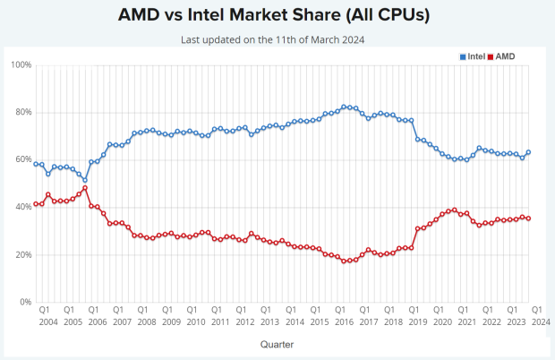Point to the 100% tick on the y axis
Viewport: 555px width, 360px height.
[x=21, y=65]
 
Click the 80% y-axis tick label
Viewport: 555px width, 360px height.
[x=22, y=113]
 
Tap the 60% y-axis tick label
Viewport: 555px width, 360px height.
[x=22, y=160]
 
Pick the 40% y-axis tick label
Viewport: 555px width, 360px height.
[x=22, y=208]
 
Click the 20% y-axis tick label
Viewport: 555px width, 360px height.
[x=22, y=255]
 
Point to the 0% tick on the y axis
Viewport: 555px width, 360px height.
[x=25, y=303]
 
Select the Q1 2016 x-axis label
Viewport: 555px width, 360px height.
[x=340, y=315]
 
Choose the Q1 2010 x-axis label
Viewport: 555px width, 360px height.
[x=192, y=315]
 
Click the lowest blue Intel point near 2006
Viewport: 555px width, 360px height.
[x=85, y=180]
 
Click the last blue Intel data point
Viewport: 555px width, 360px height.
[x=528, y=152]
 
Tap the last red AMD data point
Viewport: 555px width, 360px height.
[x=528, y=219]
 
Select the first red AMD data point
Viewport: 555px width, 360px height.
[x=36, y=204]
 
